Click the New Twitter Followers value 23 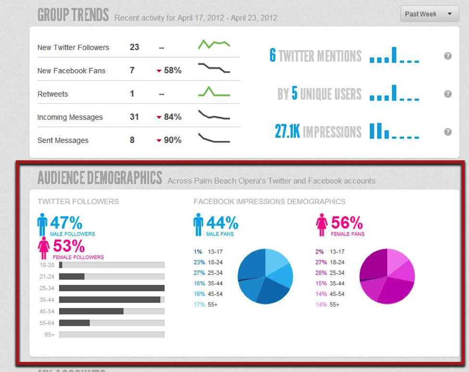pos(134,47)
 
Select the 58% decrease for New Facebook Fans pos(169,71)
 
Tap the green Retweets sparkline pos(214,91)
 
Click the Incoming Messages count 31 pos(134,117)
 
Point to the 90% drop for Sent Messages pos(169,140)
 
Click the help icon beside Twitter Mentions pos(448,56)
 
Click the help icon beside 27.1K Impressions pos(448,132)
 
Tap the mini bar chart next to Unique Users pos(394,93)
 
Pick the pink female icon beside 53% pos(44,248)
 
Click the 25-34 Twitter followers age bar pos(112,288)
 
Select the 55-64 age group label pos(47,323)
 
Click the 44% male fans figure pos(222,223)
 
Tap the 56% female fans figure pos(346,223)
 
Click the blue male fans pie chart pos(265,276)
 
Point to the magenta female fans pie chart pos(387,276)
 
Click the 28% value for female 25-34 pos(321,273)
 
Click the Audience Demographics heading pos(100,178)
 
